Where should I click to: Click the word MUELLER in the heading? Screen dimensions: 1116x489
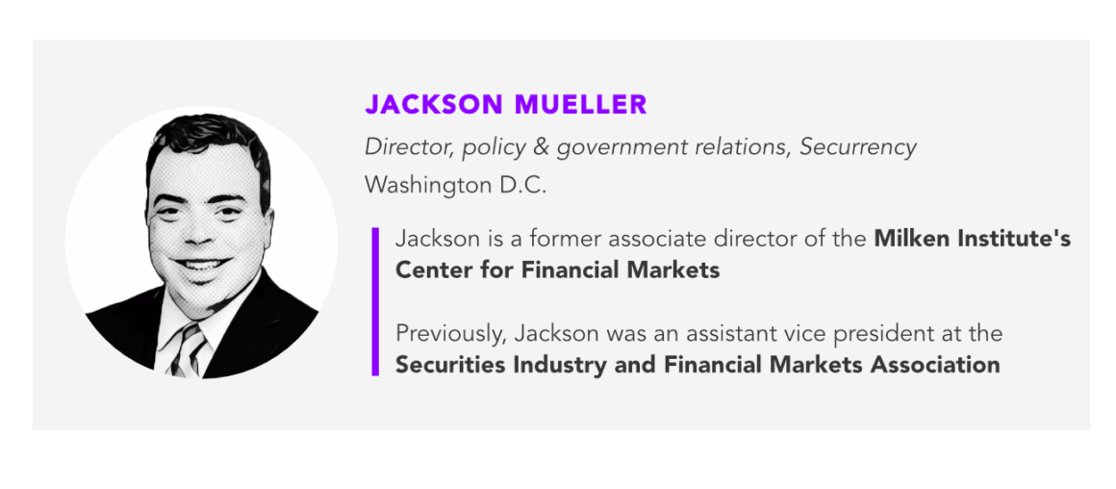[x=578, y=104]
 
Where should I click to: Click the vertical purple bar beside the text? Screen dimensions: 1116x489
[x=375, y=301]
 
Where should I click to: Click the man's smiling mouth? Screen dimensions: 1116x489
[x=200, y=264]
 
